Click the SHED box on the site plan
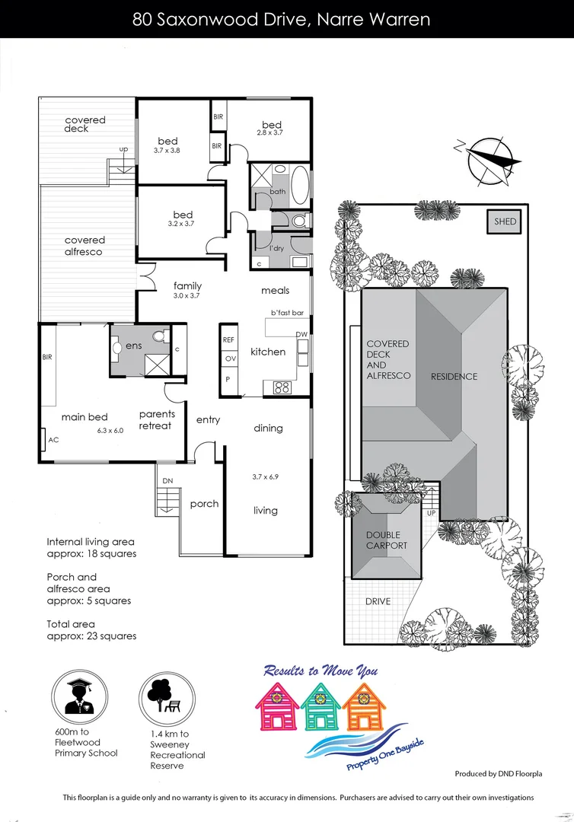tap(505, 221)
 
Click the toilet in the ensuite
tap(159, 336)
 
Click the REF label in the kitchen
tap(228, 339)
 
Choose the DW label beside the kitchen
tap(301, 335)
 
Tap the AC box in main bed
tap(53, 440)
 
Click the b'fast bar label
tap(287, 313)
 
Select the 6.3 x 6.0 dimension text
tap(110, 430)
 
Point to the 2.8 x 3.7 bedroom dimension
tap(269, 133)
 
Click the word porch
tap(204, 504)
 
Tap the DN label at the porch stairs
tap(168, 481)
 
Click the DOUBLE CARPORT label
tap(387, 540)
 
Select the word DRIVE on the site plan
tap(378, 601)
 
